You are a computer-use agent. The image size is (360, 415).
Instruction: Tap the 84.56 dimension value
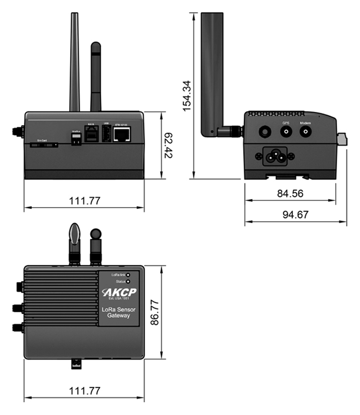coord(290,193)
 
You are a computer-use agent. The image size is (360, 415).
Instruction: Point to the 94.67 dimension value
coord(295,215)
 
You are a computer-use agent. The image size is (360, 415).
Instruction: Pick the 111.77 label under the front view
coord(85,201)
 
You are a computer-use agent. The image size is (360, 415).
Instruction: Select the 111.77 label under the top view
coord(85,391)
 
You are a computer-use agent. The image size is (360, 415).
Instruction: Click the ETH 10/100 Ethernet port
coord(122,135)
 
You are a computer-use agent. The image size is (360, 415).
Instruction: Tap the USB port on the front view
coord(106,133)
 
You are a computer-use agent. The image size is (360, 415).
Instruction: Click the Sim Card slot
coord(44,145)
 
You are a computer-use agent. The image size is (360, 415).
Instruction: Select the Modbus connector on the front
coord(76,138)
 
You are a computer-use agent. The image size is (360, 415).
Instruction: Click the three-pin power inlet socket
coord(276,156)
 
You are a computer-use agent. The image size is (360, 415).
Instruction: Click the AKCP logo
coord(119,293)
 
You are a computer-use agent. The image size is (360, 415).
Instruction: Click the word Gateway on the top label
coord(119,315)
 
